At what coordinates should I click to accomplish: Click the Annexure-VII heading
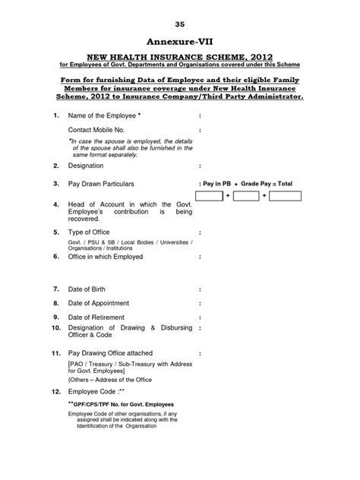point(179,43)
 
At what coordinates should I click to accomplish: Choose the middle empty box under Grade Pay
point(246,197)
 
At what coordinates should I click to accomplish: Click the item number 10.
point(55,327)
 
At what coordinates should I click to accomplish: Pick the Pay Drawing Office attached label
point(111,353)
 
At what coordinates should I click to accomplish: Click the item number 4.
point(56,204)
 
